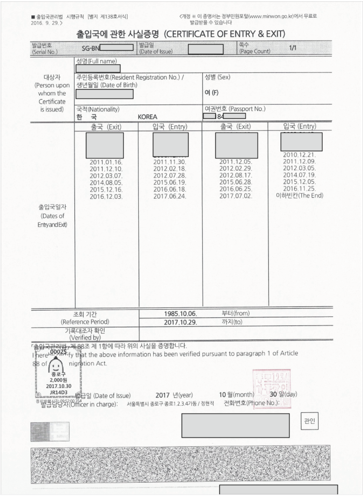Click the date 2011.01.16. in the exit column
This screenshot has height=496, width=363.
(106, 162)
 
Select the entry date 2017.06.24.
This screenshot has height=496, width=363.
(170, 196)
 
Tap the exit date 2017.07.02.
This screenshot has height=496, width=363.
(235, 196)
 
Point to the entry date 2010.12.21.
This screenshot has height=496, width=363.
(299, 155)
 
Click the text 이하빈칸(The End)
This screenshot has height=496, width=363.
(299, 195)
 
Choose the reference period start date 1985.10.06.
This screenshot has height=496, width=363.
(180, 314)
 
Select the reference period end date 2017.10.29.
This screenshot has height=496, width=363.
(180, 322)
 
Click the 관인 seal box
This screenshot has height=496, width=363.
(309, 421)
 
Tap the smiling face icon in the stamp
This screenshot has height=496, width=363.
(56, 366)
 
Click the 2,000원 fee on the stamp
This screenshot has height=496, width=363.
(58, 380)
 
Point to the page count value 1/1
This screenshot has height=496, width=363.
(292, 48)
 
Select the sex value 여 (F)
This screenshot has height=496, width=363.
(211, 93)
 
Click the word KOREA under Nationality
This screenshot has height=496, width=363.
(147, 117)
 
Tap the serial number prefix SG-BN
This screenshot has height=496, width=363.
(91, 48)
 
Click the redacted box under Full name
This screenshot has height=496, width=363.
(98, 69)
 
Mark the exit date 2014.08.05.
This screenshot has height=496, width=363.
(106, 183)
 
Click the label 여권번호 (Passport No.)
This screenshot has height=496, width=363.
(235, 109)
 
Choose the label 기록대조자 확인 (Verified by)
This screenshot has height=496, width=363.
(85, 334)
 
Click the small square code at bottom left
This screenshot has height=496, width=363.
(50, 431)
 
